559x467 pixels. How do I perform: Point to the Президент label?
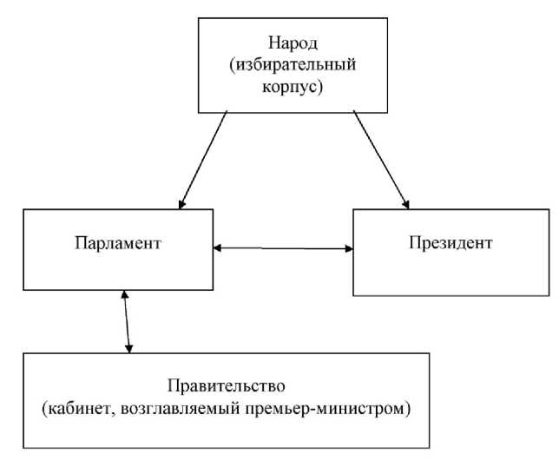450,242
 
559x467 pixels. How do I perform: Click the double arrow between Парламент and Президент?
284,248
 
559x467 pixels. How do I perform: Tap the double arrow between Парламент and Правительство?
128,321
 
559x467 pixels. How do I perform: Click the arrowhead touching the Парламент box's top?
181,206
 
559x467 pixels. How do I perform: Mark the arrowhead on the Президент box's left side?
349,249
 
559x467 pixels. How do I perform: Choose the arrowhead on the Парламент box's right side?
218,248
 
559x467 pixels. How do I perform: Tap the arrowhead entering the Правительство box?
129,348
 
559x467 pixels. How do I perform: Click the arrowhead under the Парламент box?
126,295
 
